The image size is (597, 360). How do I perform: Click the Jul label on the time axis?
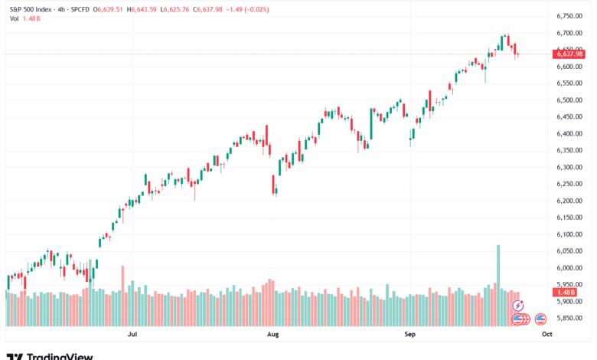pos(133,335)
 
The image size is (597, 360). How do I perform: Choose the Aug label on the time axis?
pos(272,335)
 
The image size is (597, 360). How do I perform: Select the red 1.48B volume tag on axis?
pos(566,292)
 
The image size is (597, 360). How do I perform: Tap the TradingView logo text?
pos(60,355)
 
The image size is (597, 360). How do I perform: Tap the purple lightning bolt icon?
pos(517,304)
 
